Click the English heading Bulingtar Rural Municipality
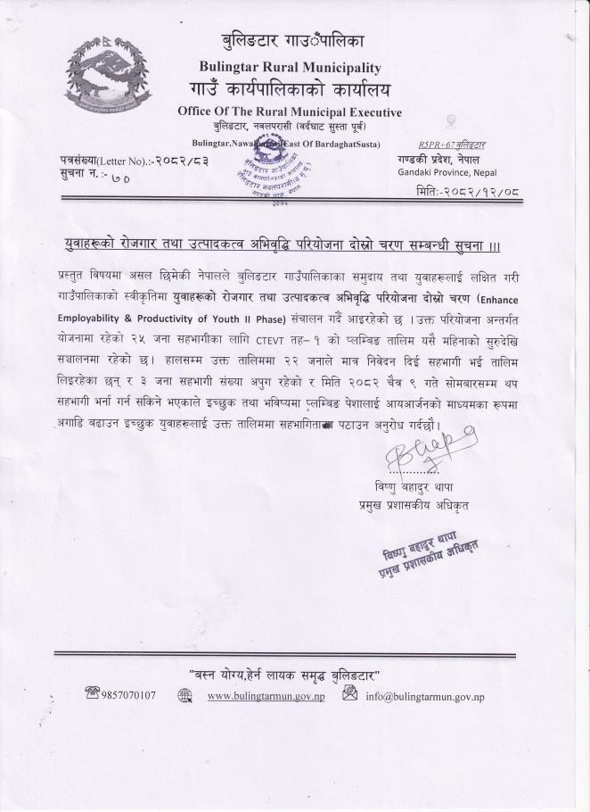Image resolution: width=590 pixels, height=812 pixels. click(x=291, y=67)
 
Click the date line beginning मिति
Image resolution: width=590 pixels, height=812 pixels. click(x=463, y=191)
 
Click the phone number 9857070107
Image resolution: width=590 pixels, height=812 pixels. click(x=129, y=695)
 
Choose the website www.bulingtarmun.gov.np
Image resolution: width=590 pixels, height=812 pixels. click(x=265, y=696)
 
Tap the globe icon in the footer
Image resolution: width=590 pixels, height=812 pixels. click(x=185, y=696)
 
